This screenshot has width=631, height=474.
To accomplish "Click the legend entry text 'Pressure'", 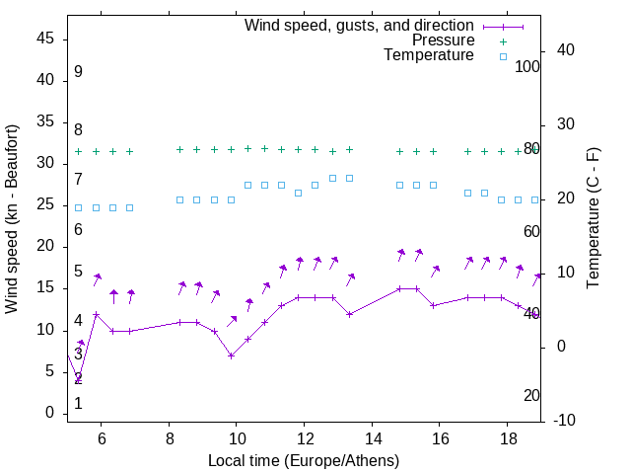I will (x=444, y=40).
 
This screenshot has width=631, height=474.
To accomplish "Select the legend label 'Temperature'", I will (x=429, y=56).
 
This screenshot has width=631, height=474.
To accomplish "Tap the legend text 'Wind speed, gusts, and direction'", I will (x=360, y=25).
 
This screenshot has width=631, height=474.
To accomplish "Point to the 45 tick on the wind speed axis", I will (x=46, y=38).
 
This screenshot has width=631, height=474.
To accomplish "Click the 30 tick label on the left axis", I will (x=46, y=163).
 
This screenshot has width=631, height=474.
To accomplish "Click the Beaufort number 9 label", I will (x=78, y=72).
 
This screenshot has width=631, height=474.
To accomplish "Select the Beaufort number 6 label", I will (x=78, y=230).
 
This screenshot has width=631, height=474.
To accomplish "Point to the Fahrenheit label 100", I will (x=527, y=66).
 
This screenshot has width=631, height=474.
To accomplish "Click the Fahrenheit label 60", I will (x=531, y=231).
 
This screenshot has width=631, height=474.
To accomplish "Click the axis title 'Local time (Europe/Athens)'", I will (x=304, y=460).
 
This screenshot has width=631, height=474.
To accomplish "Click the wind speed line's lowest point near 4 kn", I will (x=79, y=380).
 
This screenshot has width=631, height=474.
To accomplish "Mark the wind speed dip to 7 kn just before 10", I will (x=231, y=355).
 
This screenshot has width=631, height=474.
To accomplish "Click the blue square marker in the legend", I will (x=502, y=56).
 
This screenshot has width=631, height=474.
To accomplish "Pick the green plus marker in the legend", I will (x=502, y=40).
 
